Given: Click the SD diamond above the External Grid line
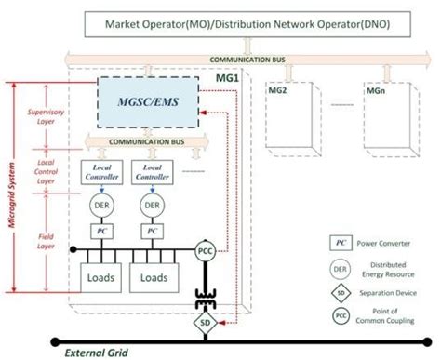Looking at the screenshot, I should click(205, 323).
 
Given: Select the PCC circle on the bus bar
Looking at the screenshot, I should click(205, 249).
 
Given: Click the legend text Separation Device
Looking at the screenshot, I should click(391, 293).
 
